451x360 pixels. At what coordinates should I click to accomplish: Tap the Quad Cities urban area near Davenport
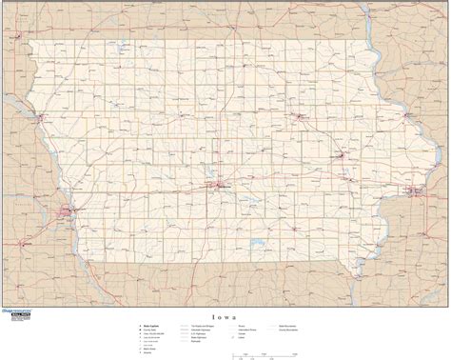click(x=413, y=193)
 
